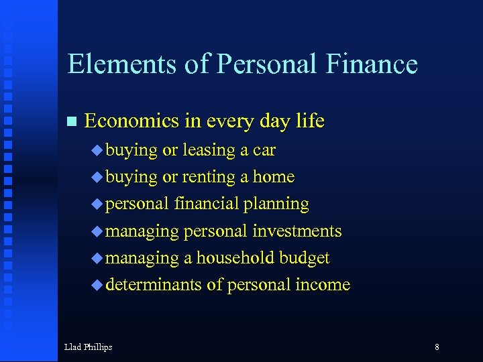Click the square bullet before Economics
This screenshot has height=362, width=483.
tap(72, 122)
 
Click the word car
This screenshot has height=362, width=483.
tap(264, 151)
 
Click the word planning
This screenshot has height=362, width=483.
tap(276, 204)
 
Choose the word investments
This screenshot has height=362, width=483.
tap(297, 231)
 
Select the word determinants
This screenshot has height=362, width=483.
tap(154, 285)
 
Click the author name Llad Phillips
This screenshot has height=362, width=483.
tap(88, 347)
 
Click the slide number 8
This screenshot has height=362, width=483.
tap(437, 347)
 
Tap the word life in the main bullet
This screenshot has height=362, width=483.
tap(310, 121)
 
